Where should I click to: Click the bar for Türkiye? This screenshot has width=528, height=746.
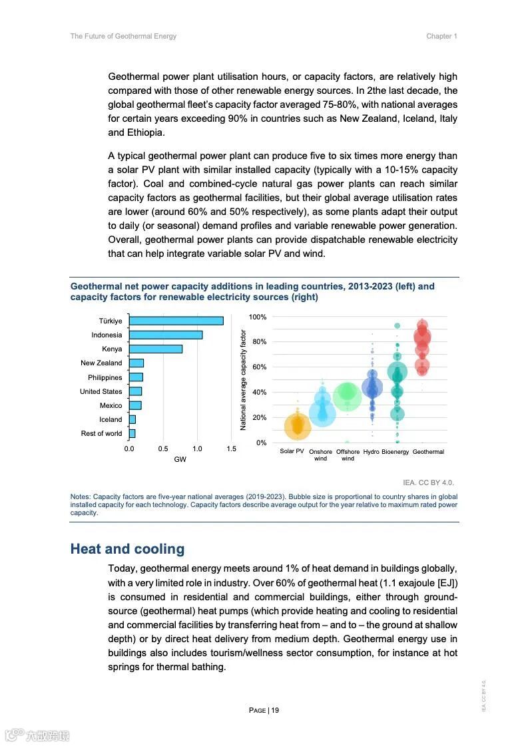point(176,321)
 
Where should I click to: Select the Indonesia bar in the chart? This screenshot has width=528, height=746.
point(166,335)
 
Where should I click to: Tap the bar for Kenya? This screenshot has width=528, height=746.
point(155,349)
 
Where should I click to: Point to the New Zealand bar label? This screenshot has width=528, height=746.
point(101,363)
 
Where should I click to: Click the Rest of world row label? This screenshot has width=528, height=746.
point(101,434)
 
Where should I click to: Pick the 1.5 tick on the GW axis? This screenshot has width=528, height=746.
point(231,449)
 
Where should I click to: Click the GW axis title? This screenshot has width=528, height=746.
point(180,460)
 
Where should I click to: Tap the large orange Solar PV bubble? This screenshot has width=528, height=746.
point(298,427)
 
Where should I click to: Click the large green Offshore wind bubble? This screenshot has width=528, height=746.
point(347,397)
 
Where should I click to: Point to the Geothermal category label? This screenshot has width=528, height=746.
point(428,452)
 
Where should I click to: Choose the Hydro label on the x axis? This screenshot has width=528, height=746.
point(371,452)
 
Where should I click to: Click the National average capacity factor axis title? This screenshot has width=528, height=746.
point(244,380)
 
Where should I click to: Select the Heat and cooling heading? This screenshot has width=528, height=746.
point(127,549)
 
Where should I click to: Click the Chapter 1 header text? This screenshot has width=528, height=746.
point(441,36)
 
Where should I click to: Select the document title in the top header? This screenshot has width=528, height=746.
point(123,36)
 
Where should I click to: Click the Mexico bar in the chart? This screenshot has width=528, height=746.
point(135,405)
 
